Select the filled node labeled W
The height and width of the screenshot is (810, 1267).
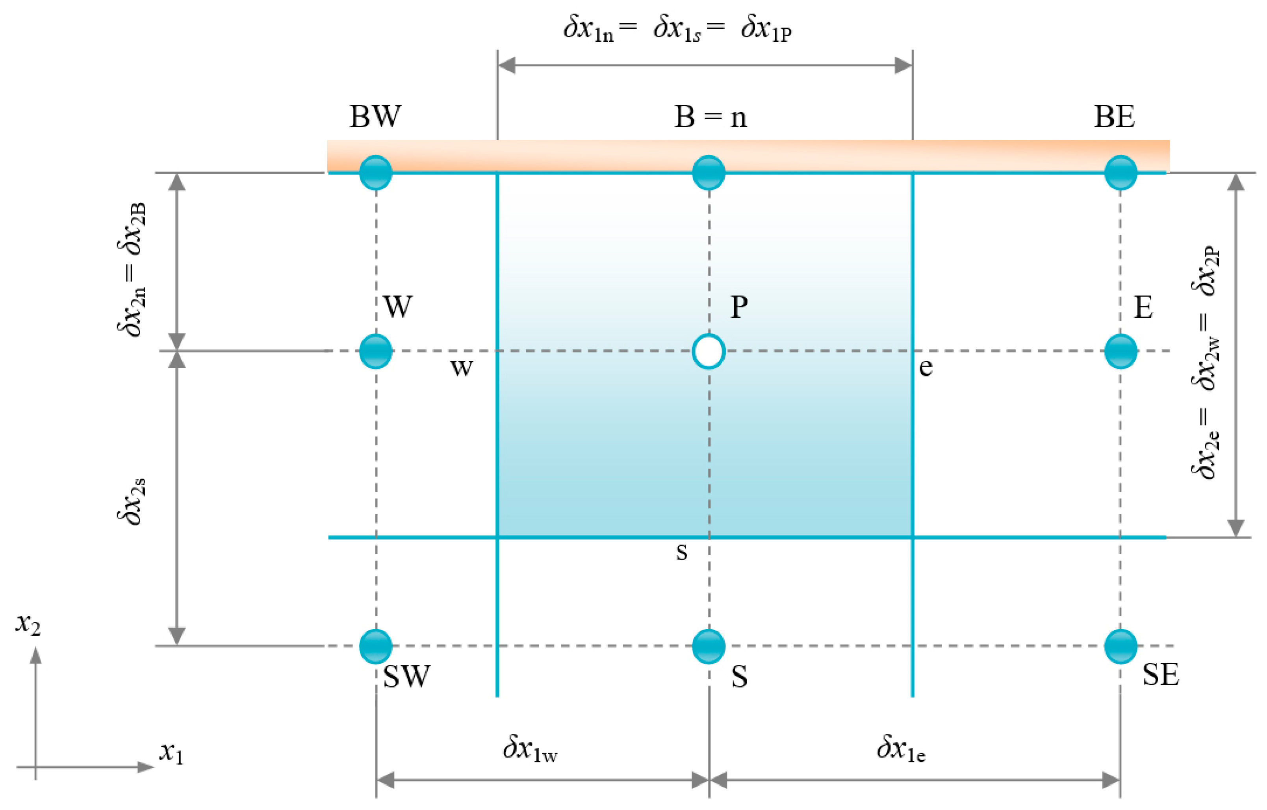pos(376,351)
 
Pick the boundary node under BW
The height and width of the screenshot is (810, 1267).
pos(376,172)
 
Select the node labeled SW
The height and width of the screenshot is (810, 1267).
pos(376,646)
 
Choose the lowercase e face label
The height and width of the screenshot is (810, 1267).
pos(926,367)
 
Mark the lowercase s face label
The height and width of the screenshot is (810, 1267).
pos(681,552)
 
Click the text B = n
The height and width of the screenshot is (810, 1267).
pos(710,117)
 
